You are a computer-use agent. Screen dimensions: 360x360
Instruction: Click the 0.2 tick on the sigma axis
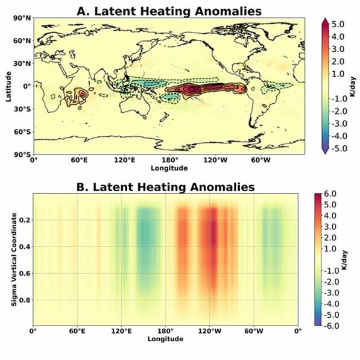pyautogui.click(x=23, y=221)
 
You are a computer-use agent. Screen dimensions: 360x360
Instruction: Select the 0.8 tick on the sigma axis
pyautogui.click(x=23, y=300)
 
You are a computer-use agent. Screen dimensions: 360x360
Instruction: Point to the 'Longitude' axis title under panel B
pyautogui.click(x=165, y=339)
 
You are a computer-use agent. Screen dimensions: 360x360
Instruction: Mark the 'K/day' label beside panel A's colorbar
pyautogui.click(x=352, y=86)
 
